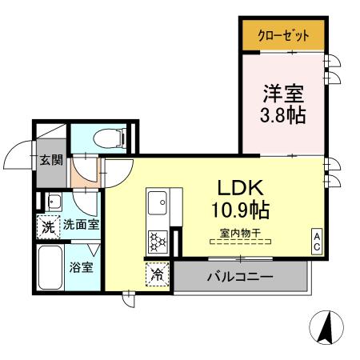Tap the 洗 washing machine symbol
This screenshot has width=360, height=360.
tap(48, 226)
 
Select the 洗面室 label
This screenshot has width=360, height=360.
tap(81, 226)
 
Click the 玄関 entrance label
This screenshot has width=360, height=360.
tap(51, 158)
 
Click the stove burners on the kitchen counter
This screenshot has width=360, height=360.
tap(157, 238)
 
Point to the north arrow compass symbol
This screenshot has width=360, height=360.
tap(326, 328)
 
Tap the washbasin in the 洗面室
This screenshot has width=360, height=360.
tap(54, 201)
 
